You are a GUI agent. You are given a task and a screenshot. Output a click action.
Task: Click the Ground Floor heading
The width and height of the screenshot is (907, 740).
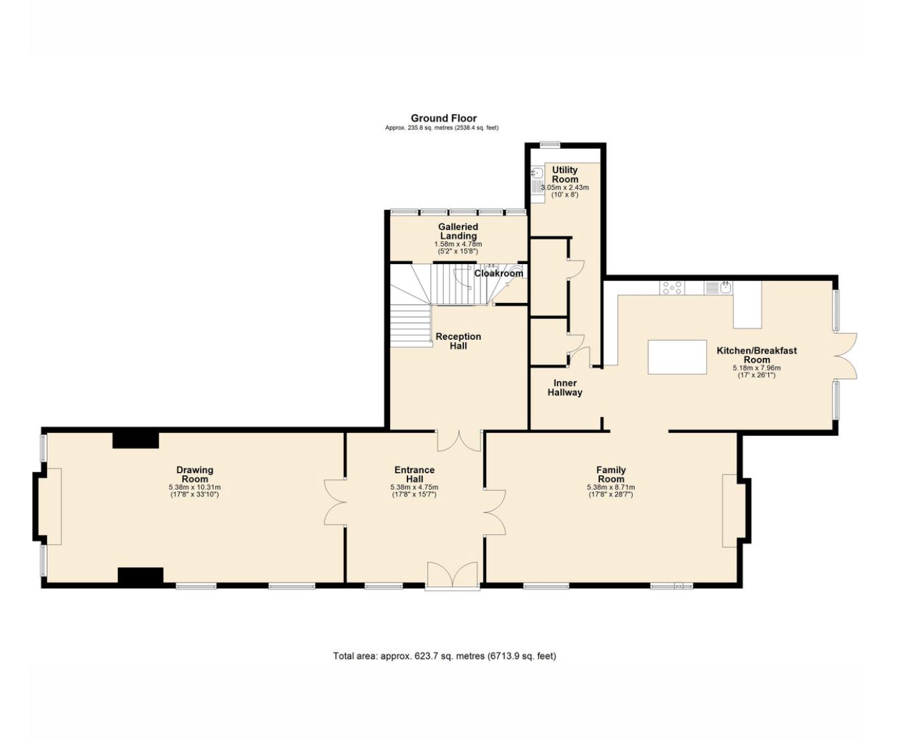(443, 118)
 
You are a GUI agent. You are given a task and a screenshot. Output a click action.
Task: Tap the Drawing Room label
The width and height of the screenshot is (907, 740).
(195, 475)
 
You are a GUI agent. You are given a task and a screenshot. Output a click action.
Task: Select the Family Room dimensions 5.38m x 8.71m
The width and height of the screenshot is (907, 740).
(611, 487)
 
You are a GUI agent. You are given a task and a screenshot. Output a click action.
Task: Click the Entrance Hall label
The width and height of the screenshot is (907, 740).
(414, 475)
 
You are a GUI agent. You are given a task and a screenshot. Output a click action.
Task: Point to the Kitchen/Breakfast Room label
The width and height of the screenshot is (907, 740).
(756, 355)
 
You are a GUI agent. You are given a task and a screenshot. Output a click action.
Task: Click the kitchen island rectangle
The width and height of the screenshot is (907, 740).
(677, 357)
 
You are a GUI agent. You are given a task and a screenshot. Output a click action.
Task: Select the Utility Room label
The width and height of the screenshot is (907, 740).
(564, 174)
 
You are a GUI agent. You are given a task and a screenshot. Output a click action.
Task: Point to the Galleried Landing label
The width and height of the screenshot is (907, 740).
(458, 231)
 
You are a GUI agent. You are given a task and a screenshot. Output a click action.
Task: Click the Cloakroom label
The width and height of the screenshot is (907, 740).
(499, 273)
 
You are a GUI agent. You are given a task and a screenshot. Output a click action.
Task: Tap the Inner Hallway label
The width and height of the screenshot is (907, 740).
(564, 387)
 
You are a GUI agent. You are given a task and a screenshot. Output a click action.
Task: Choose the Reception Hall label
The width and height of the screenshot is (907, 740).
(458, 341)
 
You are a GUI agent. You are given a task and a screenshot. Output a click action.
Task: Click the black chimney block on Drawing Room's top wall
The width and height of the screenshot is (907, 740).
(135, 440)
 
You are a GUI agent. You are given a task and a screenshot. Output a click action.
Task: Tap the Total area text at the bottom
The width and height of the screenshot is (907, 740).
(444, 656)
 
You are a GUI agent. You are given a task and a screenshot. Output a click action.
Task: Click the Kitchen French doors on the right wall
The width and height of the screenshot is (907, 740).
(845, 356)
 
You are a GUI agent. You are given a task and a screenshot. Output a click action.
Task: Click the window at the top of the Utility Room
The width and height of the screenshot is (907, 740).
(550, 145)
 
